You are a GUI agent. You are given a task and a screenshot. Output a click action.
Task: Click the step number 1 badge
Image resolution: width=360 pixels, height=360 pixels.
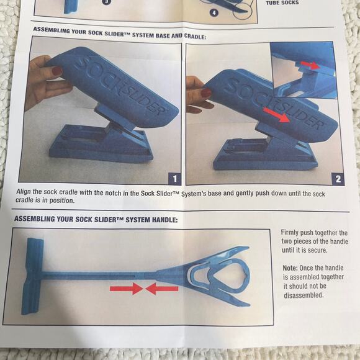[x=175, y=179]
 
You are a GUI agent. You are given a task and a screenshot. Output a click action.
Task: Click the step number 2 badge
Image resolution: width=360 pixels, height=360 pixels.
[x=337, y=179]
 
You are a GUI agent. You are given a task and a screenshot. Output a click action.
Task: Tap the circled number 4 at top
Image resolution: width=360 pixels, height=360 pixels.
[x=214, y=13]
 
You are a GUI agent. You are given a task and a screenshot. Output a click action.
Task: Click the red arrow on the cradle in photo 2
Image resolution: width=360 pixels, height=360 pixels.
[x=276, y=114]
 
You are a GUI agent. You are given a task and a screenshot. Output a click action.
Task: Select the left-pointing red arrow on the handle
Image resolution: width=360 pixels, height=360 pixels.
[x=162, y=289]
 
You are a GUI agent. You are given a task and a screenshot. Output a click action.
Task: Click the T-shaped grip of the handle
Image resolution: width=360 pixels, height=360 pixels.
[x=35, y=274]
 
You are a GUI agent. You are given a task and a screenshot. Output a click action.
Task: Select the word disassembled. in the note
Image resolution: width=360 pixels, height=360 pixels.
[x=304, y=295]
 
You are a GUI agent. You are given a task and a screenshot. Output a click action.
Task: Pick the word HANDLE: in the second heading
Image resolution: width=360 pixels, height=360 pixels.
[x=160, y=220]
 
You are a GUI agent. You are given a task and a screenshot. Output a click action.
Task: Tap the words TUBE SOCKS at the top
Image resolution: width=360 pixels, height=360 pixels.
[x=282, y=3]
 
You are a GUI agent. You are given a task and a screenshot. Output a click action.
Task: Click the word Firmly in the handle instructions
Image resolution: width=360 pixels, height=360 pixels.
[x=292, y=232]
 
